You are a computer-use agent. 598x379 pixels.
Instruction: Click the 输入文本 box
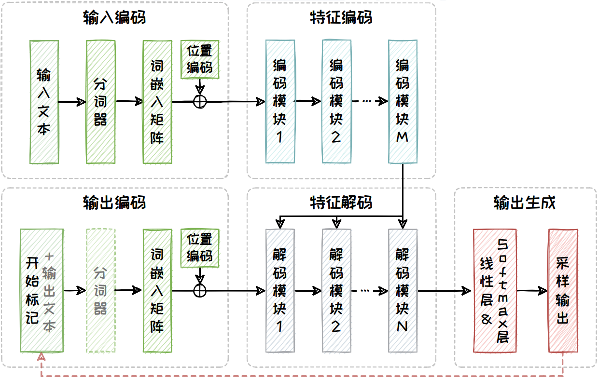click(44, 102)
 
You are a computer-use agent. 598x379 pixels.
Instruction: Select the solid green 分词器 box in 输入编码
click(100, 102)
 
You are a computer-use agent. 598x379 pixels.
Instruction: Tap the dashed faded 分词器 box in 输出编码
click(100, 291)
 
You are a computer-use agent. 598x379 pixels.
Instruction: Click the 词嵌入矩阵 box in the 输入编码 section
click(157, 102)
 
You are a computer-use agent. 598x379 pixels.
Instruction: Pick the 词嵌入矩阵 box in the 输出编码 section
click(157, 291)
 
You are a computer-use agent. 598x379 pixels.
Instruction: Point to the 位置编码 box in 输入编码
click(200, 59)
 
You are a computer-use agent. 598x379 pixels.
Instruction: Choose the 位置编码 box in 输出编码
click(200, 248)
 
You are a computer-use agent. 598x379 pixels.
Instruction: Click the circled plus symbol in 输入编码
click(200, 102)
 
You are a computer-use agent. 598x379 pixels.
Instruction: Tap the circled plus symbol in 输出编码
click(200, 291)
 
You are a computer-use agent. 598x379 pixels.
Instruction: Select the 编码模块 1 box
click(279, 102)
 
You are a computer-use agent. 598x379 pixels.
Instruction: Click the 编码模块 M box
click(403, 102)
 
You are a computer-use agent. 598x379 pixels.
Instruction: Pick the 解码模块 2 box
click(336, 291)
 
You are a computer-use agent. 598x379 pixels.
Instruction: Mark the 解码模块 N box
click(403, 291)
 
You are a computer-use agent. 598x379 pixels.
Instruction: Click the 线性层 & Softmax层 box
click(495, 291)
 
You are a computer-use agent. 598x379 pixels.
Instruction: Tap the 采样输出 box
click(563, 291)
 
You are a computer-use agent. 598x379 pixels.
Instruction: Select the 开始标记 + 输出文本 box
click(42, 291)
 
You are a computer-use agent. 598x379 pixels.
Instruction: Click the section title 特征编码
click(341, 18)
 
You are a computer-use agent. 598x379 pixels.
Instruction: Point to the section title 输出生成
click(525, 203)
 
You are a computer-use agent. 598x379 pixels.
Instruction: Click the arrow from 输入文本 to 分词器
click(72, 102)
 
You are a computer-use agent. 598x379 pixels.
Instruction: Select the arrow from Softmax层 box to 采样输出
click(532, 291)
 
